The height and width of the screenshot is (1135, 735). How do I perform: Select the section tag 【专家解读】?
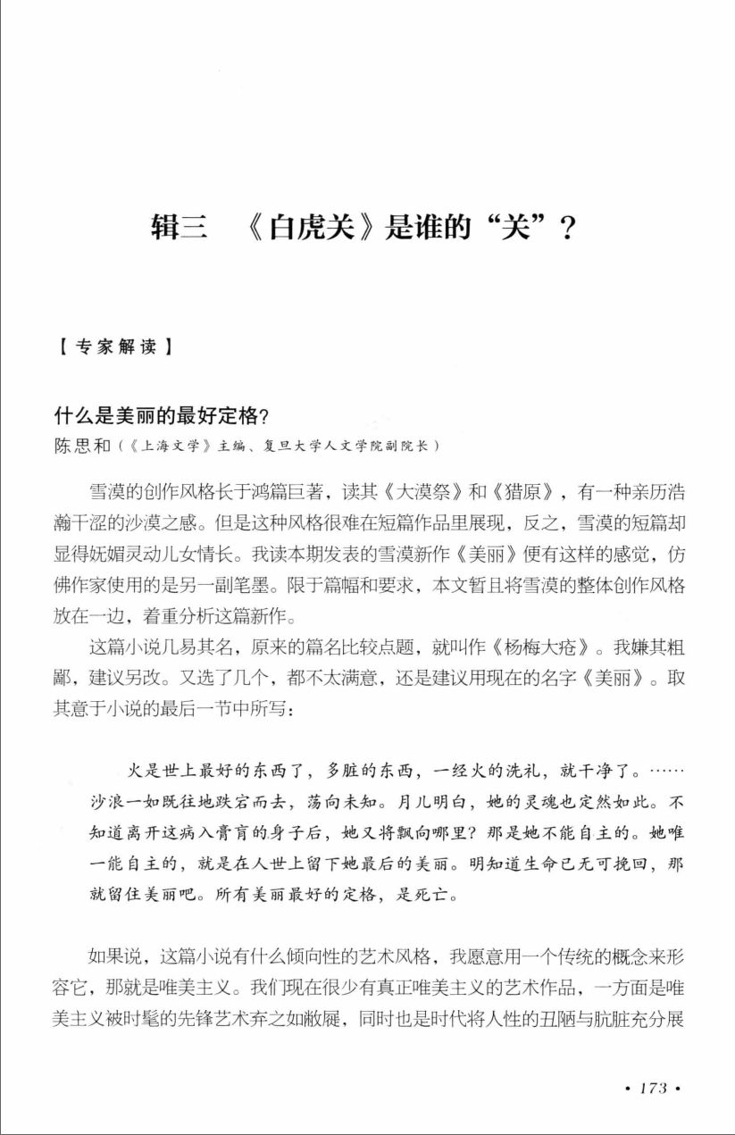coord(113,347)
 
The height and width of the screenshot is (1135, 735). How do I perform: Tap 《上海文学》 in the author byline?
coord(166,445)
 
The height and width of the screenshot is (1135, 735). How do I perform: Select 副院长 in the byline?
coord(416,445)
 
